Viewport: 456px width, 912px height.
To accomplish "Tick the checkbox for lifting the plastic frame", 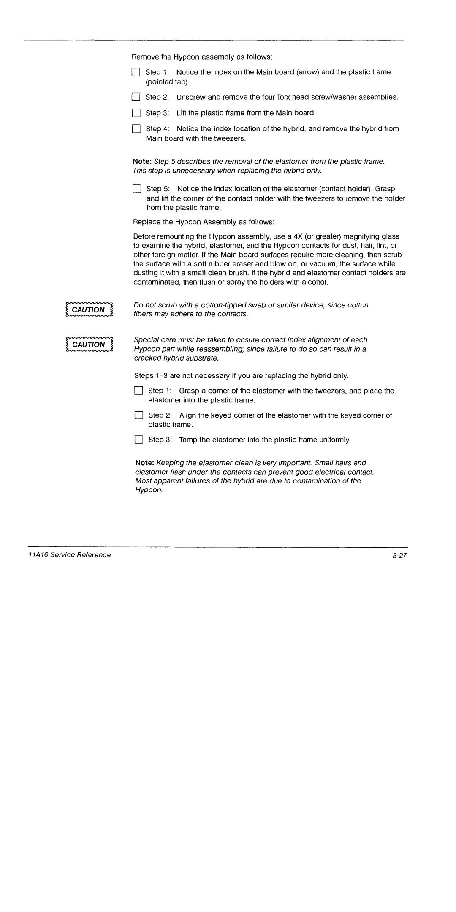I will coord(136,113).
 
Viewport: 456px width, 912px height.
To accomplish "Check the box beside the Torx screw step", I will coord(136,97).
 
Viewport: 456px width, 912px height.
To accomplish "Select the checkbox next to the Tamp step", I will coord(138,440).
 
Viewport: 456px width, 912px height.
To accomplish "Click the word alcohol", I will coord(315,282).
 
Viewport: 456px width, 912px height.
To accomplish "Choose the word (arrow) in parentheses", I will coord(308,72).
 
